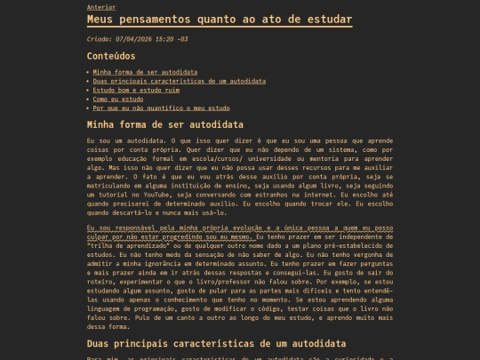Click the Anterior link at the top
pyautogui.click(x=100, y=6)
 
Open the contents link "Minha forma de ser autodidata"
pyautogui.click(x=145, y=72)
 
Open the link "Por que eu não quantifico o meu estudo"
pyautogui.click(x=161, y=108)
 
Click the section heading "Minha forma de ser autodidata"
pyautogui.click(x=165, y=124)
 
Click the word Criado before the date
pyautogui.click(x=100, y=39)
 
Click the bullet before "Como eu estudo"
pyautogui.click(x=89, y=99)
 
